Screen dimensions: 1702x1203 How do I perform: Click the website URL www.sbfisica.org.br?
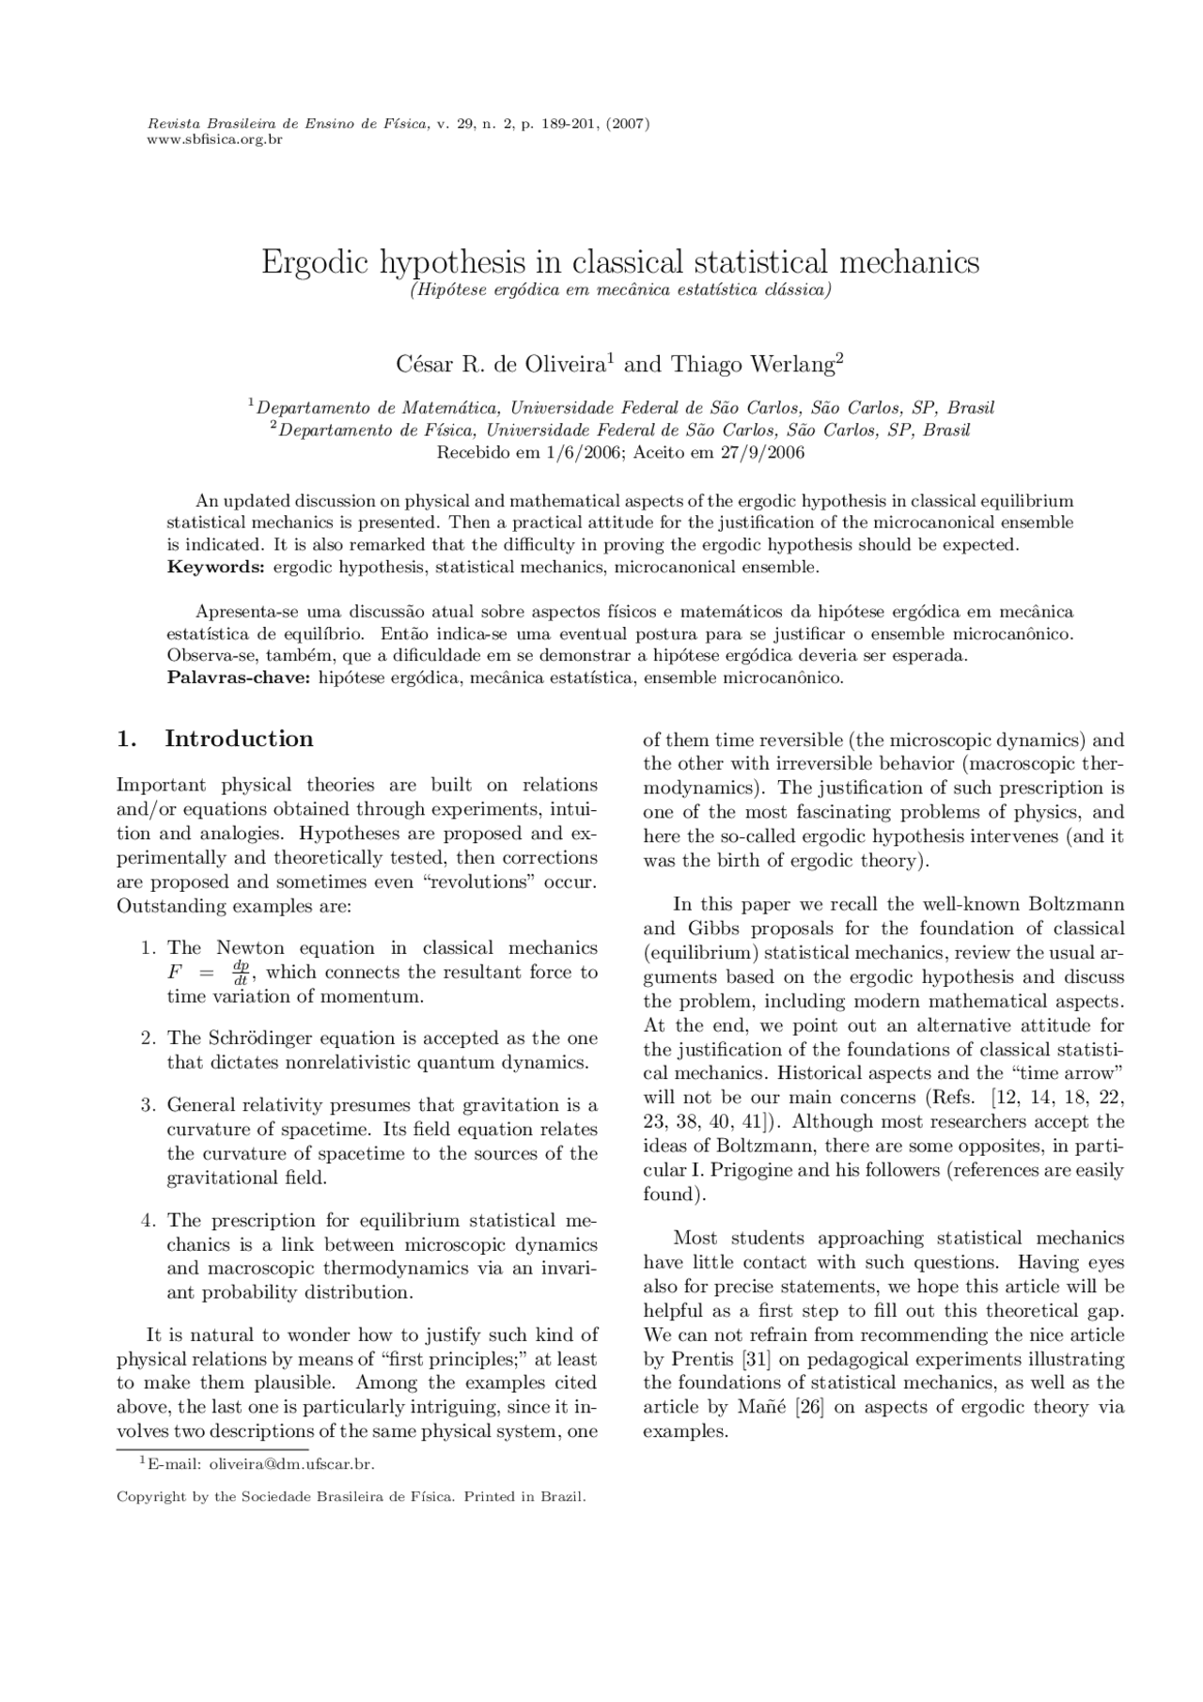[x=215, y=140]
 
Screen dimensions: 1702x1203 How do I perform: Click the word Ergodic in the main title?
[x=315, y=261]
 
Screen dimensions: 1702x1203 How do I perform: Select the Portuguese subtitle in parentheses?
[x=620, y=289]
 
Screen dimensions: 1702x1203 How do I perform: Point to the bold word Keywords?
[x=216, y=567]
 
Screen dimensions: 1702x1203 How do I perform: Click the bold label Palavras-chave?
[x=239, y=678]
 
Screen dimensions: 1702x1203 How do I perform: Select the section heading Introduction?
[x=239, y=739]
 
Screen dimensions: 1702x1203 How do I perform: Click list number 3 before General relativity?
[x=148, y=1105]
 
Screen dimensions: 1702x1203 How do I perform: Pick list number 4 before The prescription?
[x=148, y=1221]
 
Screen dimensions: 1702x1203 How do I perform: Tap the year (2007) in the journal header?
[x=628, y=124]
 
